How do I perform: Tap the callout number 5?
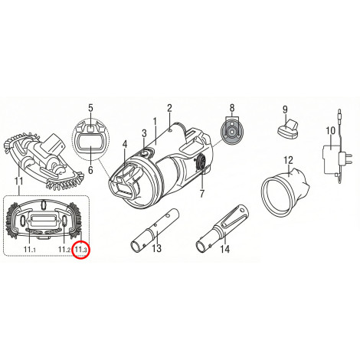click(x=91, y=108)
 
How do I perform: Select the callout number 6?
click(x=90, y=169)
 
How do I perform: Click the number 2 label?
click(x=170, y=109)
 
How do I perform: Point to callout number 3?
click(x=144, y=133)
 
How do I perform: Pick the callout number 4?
click(x=125, y=145)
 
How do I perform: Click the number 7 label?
click(x=202, y=194)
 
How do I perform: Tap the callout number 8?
click(x=232, y=108)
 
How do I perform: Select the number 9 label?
click(x=285, y=110)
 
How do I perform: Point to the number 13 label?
click(x=157, y=248)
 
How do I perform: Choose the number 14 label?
click(x=225, y=249)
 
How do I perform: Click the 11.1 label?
click(x=29, y=250)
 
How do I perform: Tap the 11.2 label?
click(x=64, y=250)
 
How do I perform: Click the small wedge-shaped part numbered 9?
click(x=287, y=127)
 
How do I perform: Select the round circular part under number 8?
click(x=232, y=131)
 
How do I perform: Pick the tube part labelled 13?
click(x=152, y=231)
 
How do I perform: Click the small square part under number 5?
click(x=91, y=129)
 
